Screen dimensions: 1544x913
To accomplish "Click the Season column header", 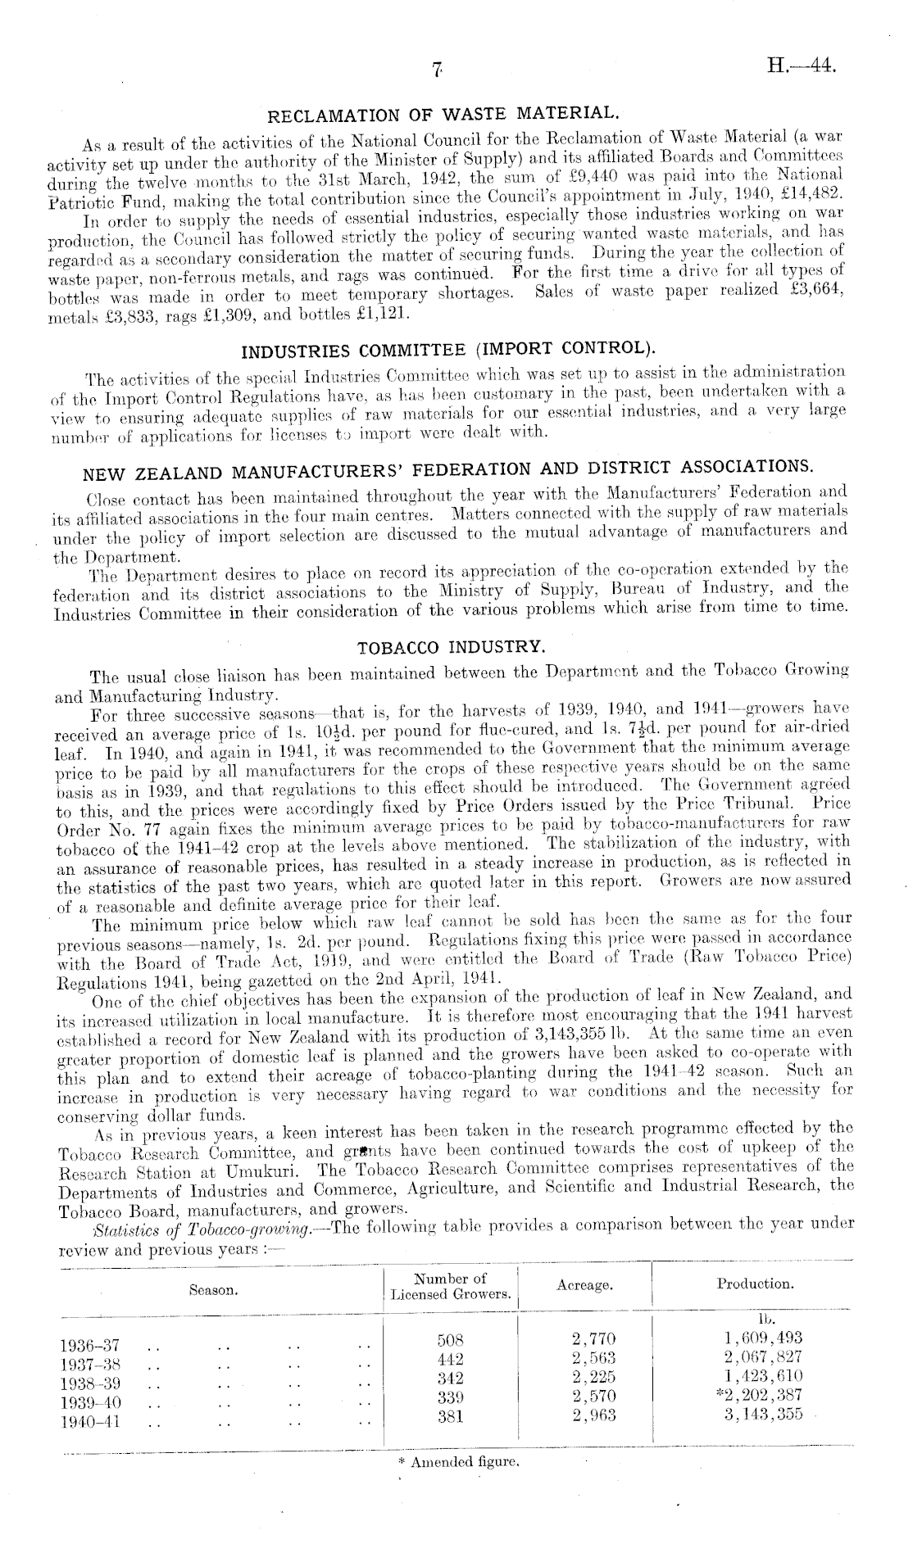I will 214,1289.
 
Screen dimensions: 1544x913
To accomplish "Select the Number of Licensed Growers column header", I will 451,1286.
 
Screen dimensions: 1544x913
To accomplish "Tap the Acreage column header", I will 584,1285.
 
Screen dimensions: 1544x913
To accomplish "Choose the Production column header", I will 754,1284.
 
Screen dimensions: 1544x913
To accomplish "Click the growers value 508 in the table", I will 450,1341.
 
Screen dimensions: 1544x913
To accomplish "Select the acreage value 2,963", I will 593,1414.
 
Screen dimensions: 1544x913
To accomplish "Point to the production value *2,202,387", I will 759,1395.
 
